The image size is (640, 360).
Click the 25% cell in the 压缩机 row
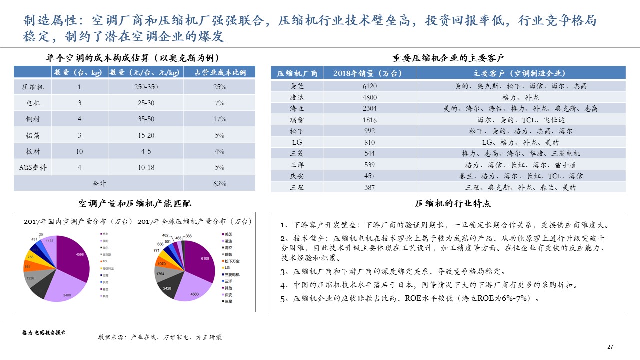[x=219, y=87]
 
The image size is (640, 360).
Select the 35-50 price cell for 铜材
[x=146, y=119]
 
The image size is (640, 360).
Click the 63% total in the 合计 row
[x=219, y=183]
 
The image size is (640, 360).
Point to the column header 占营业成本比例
[x=220, y=72]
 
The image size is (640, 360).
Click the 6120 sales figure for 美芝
[x=370, y=86]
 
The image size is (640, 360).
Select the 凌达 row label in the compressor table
[x=297, y=97]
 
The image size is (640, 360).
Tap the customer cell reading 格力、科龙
[x=520, y=97]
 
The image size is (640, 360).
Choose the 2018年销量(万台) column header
[x=370, y=73]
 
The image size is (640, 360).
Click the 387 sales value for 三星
[x=370, y=187]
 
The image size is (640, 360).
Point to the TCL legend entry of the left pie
[x=105, y=261]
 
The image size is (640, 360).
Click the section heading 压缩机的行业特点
[x=453, y=204]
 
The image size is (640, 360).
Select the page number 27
[x=610, y=347]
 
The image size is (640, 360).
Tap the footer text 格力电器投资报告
[x=44, y=332]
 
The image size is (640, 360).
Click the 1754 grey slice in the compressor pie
[x=161, y=274]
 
